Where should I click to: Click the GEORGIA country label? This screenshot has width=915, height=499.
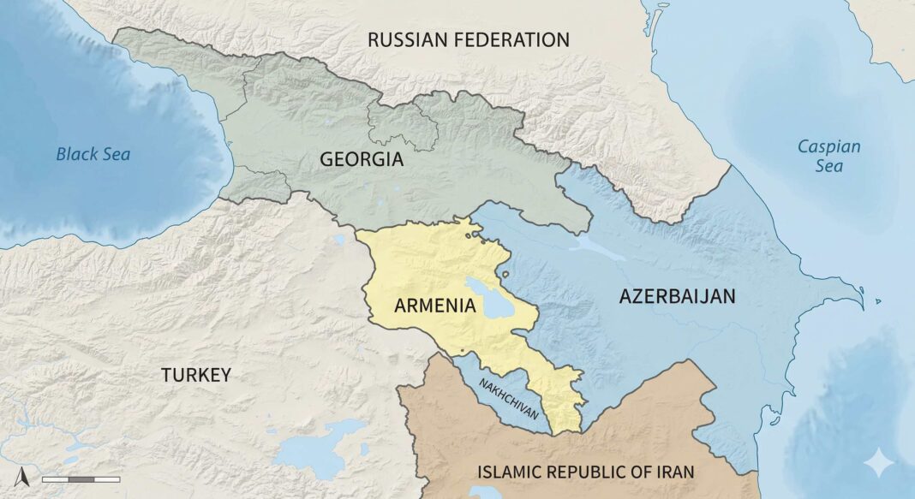point(361,159)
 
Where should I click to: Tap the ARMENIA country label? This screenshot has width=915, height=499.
point(434,306)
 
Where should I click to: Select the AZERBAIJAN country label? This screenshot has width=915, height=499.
point(677,296)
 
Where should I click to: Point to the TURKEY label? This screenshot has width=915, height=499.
point(196,375)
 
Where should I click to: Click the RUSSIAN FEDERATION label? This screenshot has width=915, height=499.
point(468,39)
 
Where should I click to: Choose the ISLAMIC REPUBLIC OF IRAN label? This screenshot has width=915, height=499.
point(586,472)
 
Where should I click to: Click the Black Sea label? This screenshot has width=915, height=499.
point(93,154)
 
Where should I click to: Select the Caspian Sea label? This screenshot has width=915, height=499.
point(828,156)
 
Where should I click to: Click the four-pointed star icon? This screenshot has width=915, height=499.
point(878,463)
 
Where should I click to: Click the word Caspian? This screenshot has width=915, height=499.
point(828,146)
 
